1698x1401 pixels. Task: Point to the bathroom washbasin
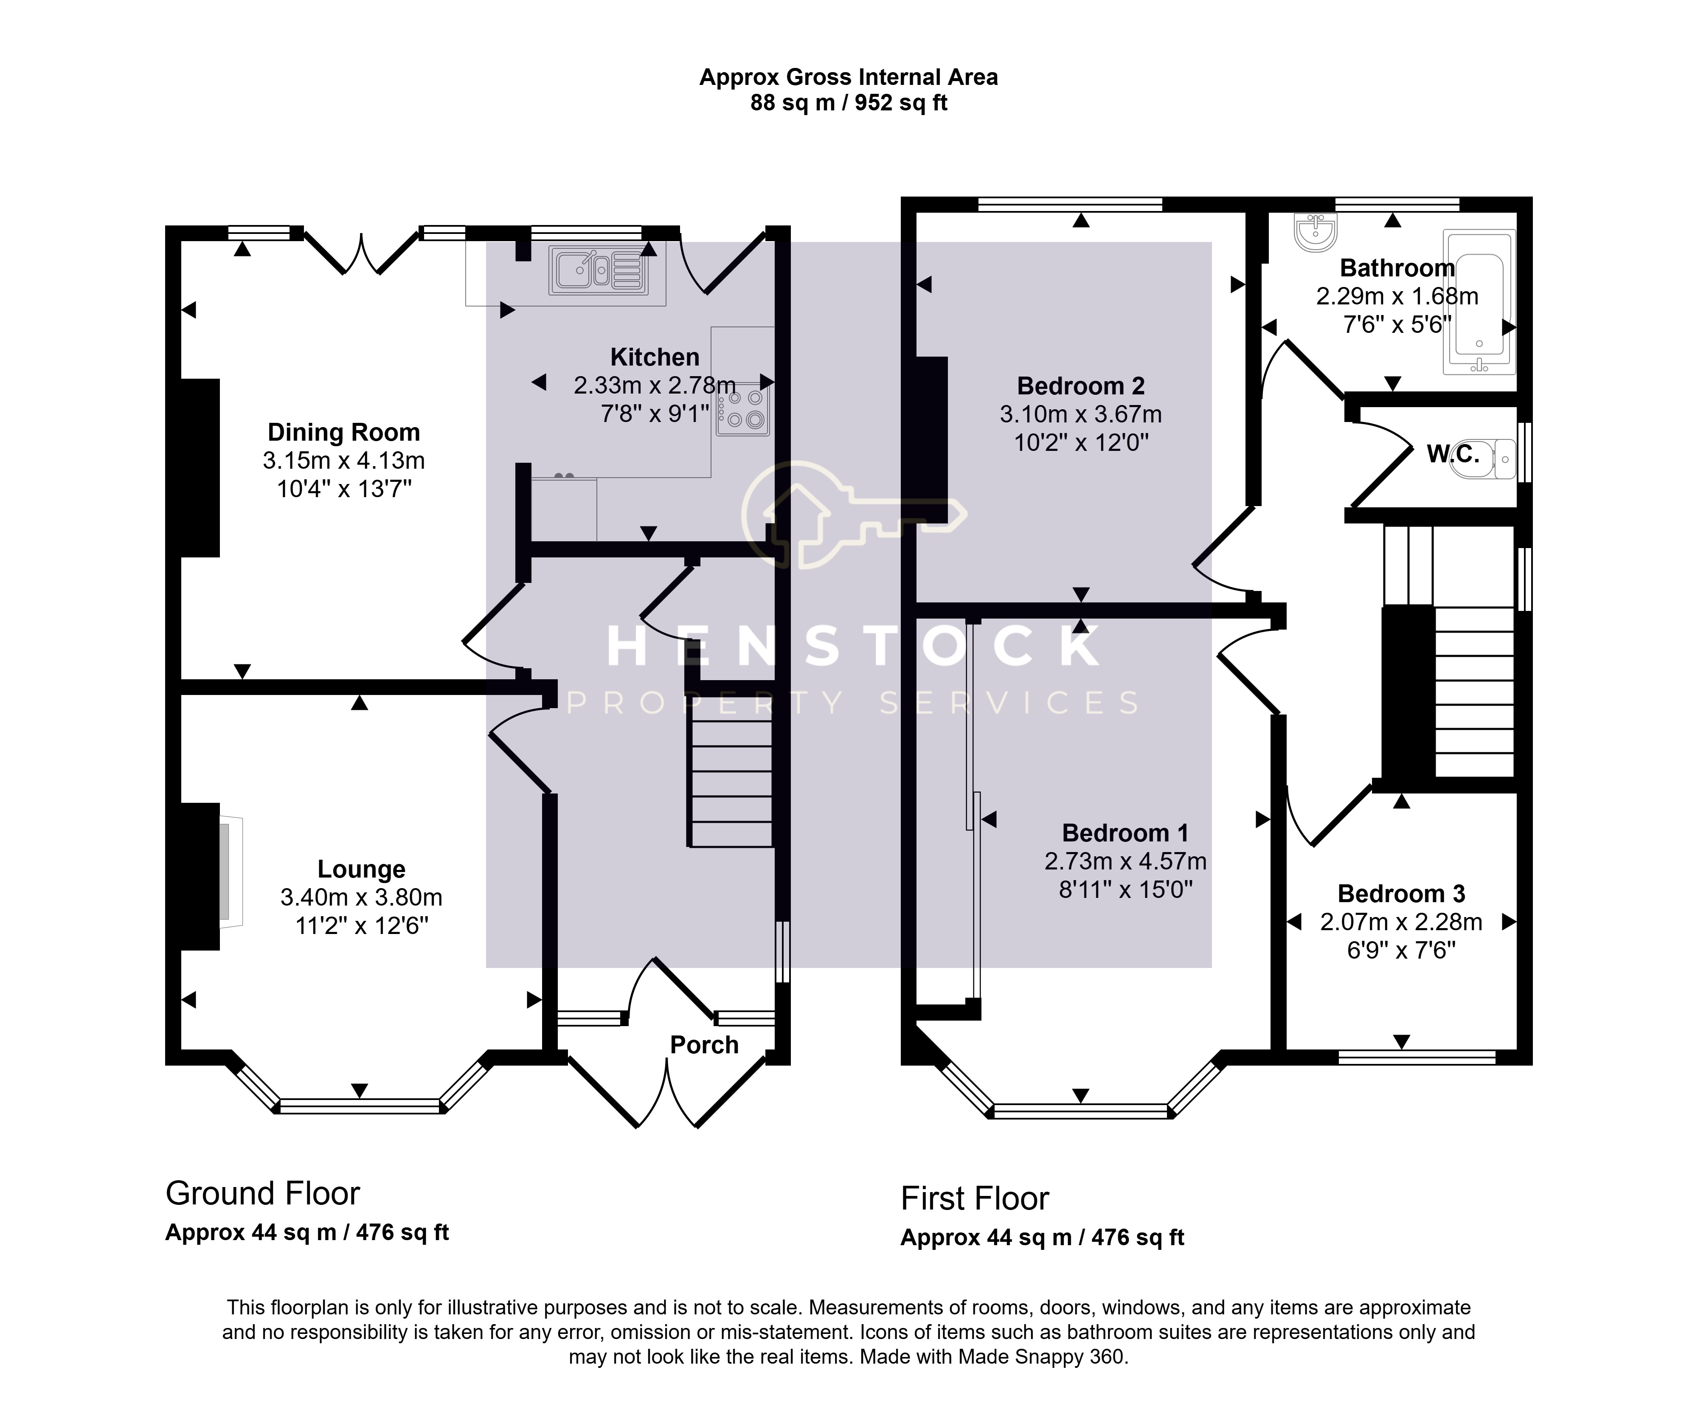(1316, 232)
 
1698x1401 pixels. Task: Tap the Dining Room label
(344, 433)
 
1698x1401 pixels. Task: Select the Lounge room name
(361, 869)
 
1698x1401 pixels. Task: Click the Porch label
(704, 1045)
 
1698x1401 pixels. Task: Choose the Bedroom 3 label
(1401, 893)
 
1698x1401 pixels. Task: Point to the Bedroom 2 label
(1081, 386)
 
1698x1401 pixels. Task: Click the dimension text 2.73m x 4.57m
(1125, 861)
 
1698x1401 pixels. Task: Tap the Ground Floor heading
(262, 1193)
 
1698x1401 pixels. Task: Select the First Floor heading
(974, 1198)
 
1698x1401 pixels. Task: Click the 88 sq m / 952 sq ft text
(848, 103)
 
